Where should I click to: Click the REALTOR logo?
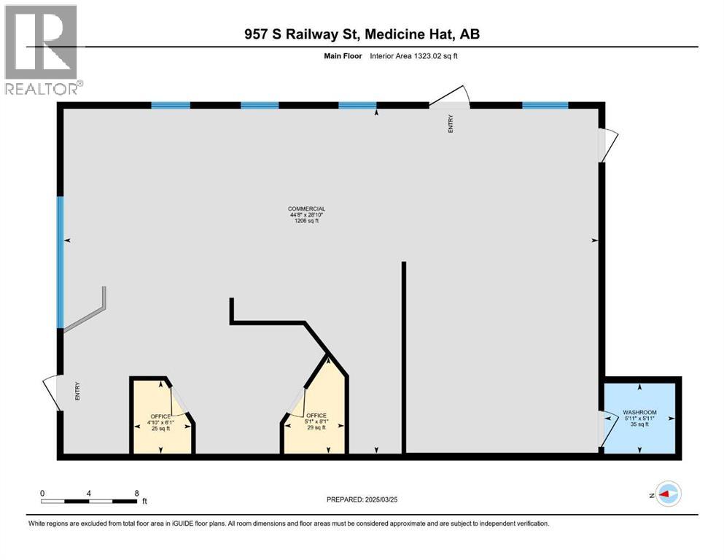42,50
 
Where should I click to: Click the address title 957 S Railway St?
362,34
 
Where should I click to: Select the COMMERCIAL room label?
306,209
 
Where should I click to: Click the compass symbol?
667,494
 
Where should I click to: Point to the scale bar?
89,501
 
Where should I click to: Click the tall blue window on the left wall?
61,261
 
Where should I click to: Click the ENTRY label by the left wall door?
77,392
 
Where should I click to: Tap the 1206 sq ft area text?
306,221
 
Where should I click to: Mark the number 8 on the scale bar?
136,493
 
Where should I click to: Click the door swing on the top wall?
449,98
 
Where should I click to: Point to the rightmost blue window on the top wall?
545,105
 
